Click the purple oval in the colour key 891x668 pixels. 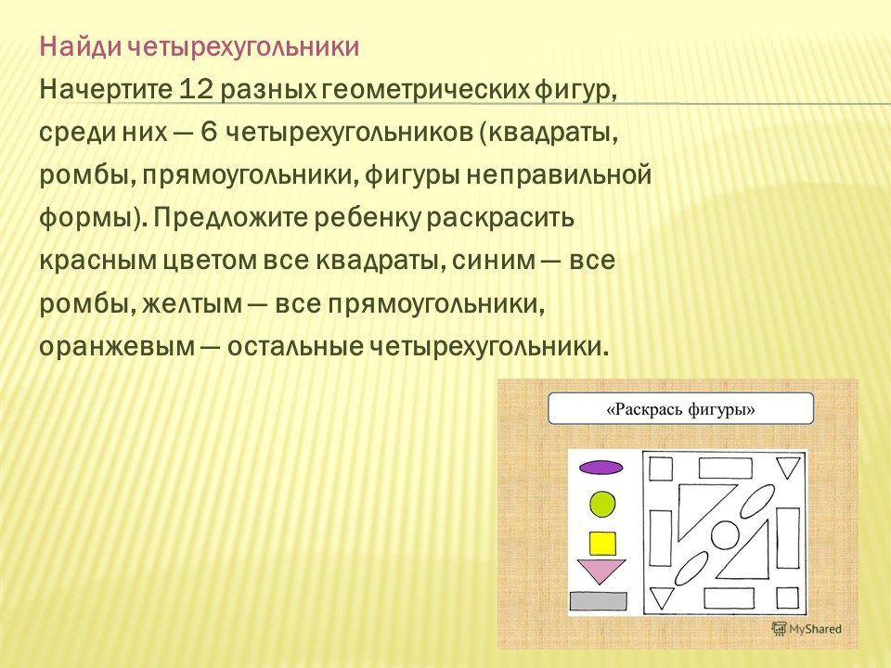600,468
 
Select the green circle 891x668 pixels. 602,504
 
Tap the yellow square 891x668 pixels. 602,543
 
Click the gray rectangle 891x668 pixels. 599,601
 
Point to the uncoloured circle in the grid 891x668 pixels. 725,535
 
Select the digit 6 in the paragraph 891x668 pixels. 209,133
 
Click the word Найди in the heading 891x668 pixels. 80,46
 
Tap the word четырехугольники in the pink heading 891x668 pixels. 243,47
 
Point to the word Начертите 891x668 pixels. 106,90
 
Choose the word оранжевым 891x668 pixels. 117,346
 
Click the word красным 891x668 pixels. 97,261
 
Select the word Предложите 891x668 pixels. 230,217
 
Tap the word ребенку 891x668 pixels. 367,217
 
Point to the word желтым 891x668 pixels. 192,304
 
